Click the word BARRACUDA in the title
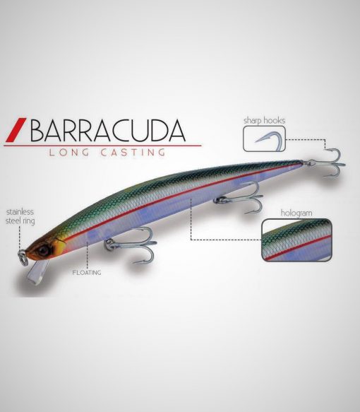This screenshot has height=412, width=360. tap(108, 131)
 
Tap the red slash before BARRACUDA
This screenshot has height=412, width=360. tap(16, 130)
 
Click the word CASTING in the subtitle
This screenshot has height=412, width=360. tap(133, 153)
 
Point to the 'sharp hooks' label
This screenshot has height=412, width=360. tap(264, 121)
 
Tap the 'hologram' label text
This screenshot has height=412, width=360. tap(296, 213)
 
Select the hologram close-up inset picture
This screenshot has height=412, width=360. tap(296, 240)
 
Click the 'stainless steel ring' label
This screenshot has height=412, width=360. tap(20, 216)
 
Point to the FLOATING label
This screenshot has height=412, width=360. tap(87, 273)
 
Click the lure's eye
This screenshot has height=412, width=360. tap(43, 250)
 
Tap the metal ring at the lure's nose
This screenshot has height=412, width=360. tap(23, 257)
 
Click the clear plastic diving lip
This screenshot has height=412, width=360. tap(37, 273)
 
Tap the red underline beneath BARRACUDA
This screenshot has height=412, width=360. tap(102, 145)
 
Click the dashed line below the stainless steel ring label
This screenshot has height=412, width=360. tap(20, 237)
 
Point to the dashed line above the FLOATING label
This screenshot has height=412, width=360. tap(87, 255)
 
